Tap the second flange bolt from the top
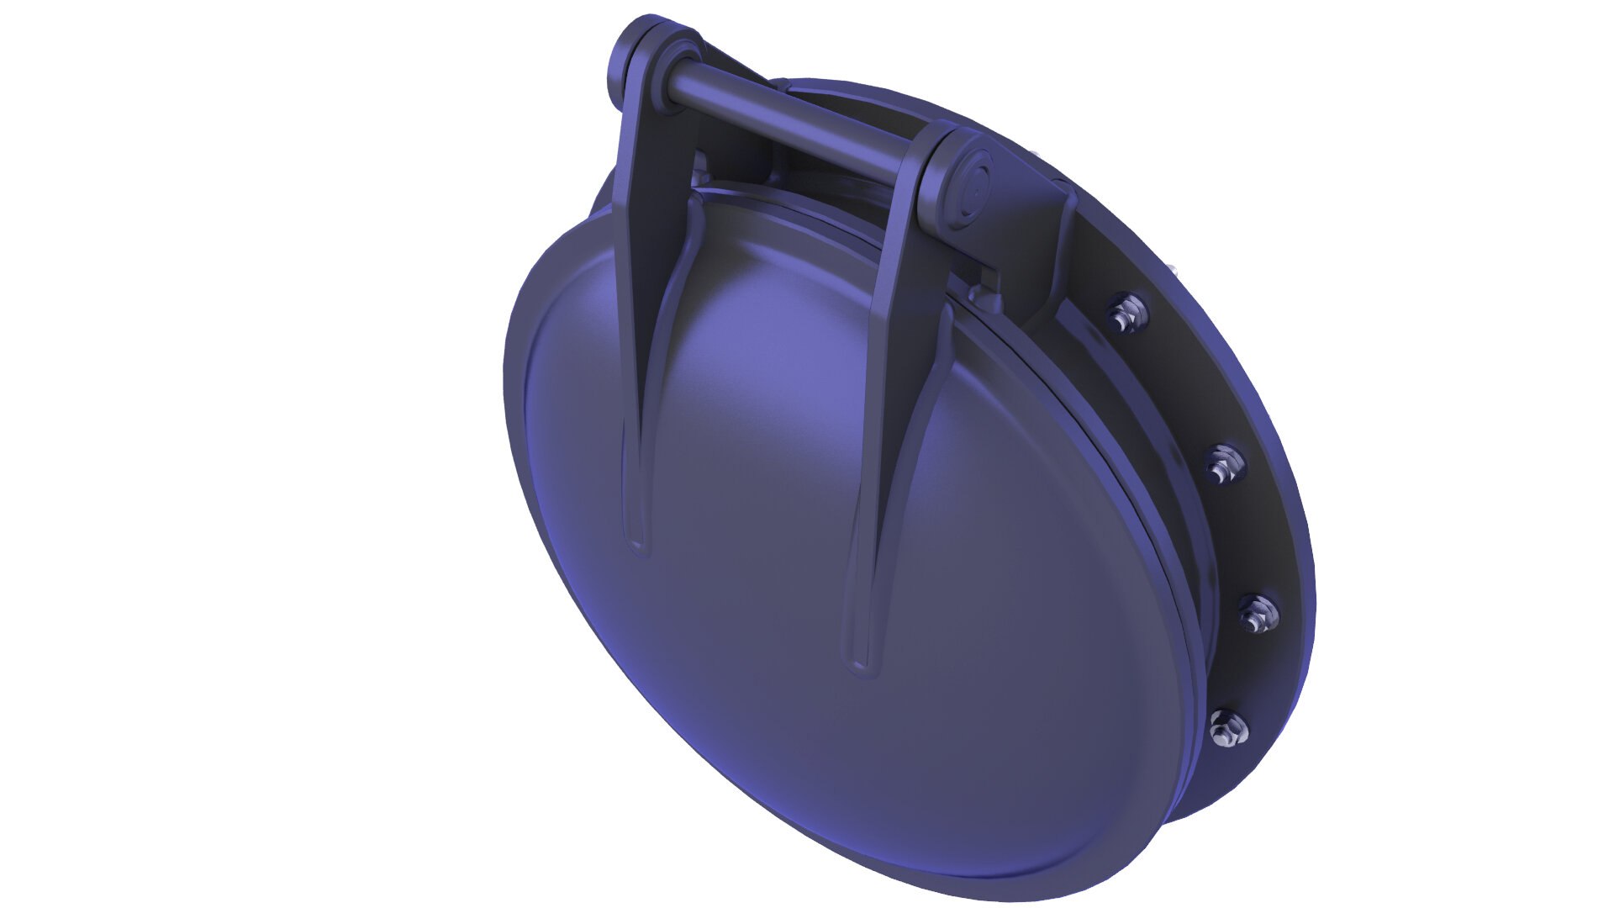1224,462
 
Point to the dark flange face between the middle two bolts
1244,538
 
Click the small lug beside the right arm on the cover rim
979,294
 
